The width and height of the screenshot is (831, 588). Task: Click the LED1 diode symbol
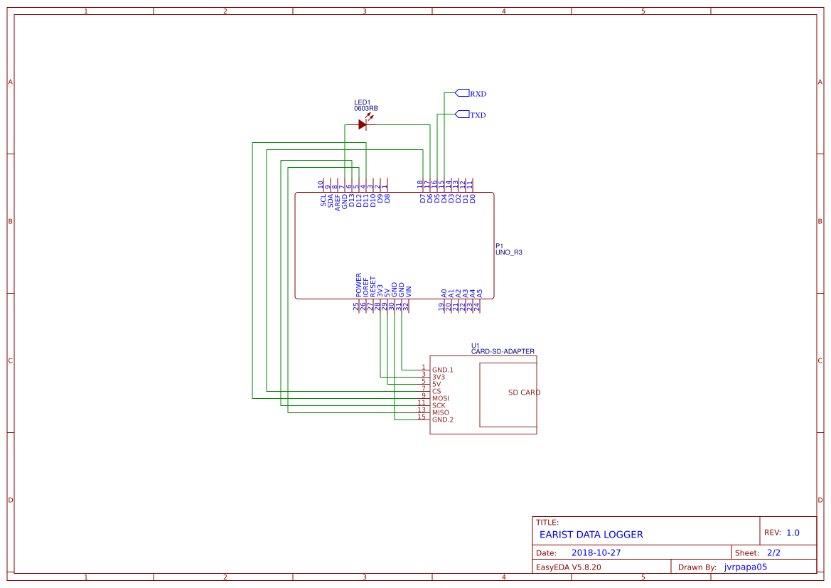[363, 124]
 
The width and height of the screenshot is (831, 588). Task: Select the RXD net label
[478, 94]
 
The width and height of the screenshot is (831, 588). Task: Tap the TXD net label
[478, 115]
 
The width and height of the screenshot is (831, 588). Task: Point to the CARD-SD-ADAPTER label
[503, 351]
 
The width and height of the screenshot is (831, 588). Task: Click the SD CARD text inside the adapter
[524, 392]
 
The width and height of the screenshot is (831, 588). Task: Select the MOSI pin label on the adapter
[441, 398]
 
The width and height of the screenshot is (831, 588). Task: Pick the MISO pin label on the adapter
[441, 412]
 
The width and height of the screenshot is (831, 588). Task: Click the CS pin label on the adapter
[436, 391]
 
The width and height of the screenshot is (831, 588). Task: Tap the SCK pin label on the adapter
[439, 405]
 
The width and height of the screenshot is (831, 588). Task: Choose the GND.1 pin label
[442, 370]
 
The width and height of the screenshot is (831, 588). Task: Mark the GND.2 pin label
[442, 419]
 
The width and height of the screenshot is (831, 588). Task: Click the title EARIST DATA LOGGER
[591, 535]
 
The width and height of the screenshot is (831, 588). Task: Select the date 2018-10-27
[596, 552]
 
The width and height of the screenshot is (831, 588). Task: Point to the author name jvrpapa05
[745, 567]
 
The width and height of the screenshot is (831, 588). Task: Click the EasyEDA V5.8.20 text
[568, 567]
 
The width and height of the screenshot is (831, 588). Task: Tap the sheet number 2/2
[773, 552]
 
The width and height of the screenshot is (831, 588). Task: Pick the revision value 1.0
[793, 533]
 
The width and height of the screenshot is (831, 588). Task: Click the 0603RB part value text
[366, 109]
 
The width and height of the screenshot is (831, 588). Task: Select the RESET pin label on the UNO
[373, 287]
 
